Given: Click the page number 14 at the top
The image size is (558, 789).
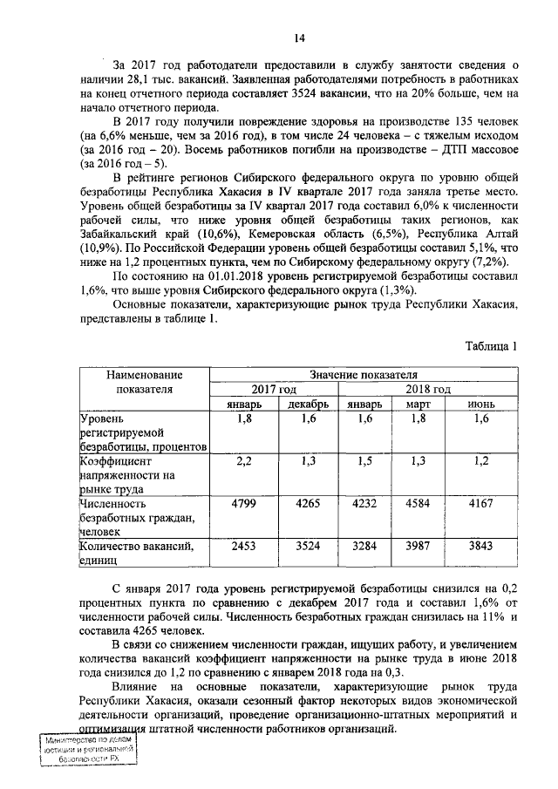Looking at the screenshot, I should point(298,37).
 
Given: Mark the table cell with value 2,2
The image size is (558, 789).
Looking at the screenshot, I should point(245,461).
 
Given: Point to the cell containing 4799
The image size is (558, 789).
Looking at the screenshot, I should point(245,503).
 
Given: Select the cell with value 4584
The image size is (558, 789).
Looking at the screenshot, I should point(420,503).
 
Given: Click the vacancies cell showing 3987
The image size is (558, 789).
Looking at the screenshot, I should point(420,546).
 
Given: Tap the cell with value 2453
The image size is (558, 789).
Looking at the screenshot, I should point(245,546).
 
